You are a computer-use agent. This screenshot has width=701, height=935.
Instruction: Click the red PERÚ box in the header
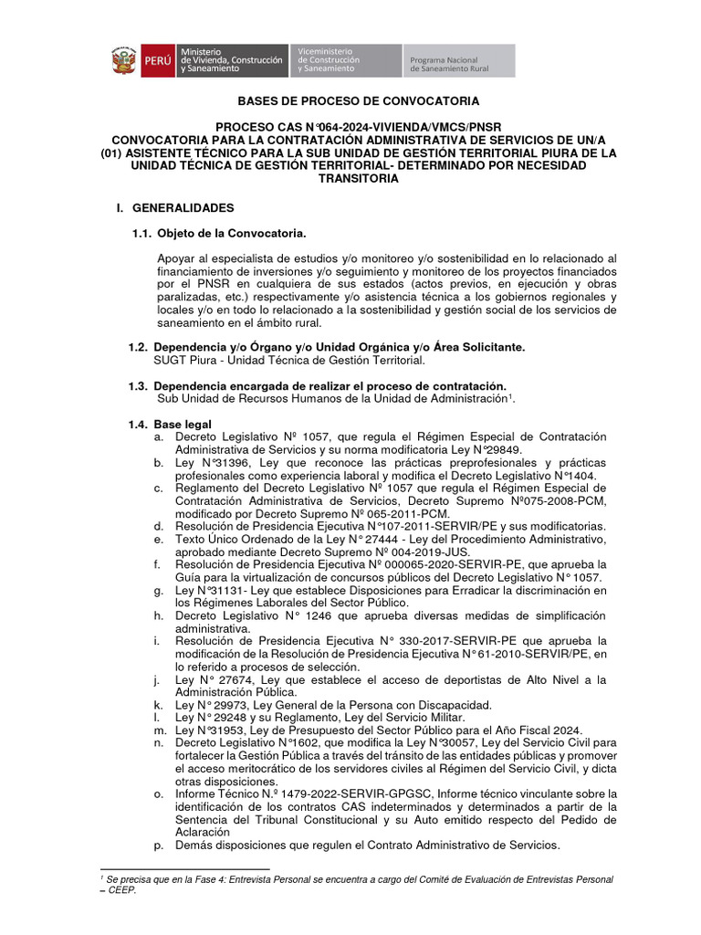[x=156, y=61]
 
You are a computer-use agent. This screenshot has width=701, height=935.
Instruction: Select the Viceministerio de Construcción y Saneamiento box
[x=344, y=61]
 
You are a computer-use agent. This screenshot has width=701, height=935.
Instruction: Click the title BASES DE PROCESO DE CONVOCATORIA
[x=358, y=101]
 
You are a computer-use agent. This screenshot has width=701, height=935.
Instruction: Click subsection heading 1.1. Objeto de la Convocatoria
[x=219, y=235]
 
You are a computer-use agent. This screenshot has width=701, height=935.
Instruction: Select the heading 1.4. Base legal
[x=171, y=424]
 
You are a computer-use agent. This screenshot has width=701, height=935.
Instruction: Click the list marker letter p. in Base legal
[x=160, y=846]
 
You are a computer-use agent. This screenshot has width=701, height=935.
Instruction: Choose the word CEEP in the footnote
[x=118, y=891]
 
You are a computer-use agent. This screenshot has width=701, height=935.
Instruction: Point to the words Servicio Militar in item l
[x=432, y=718]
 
